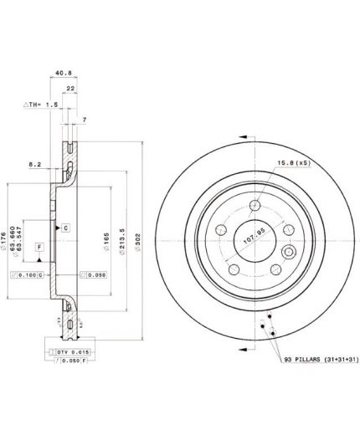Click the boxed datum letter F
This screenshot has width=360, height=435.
(x=39, y=246)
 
